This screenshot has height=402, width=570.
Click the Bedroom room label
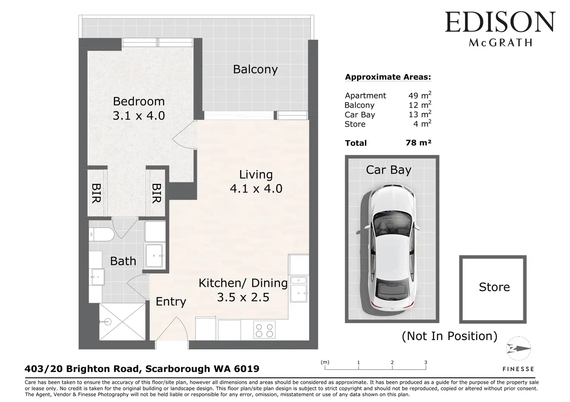tap(139, 101)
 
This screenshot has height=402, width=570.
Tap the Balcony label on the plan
tap(255, 69)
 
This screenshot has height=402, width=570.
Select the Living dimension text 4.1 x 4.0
tap(256, 189)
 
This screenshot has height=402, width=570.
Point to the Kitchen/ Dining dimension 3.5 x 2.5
tap(243, 297)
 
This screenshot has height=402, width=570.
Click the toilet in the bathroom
tap(101, 234)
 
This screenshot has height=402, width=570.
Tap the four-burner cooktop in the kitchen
tap(264, 330)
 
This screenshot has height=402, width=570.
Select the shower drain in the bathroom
tap(108, 322)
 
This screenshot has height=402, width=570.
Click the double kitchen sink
tap(299, 289)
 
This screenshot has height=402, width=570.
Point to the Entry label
tap(171, 302)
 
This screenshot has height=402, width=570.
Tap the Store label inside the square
tap(494, 287)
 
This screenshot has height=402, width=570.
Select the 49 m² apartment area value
tap(420, 95)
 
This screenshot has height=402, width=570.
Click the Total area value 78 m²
tap(419, 143)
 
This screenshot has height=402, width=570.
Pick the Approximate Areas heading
tap(388, 77)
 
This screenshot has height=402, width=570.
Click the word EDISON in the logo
tap(500, 22)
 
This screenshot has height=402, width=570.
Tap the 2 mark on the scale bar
tap(392, 362)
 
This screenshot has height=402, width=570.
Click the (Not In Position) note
tap(450, 336)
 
